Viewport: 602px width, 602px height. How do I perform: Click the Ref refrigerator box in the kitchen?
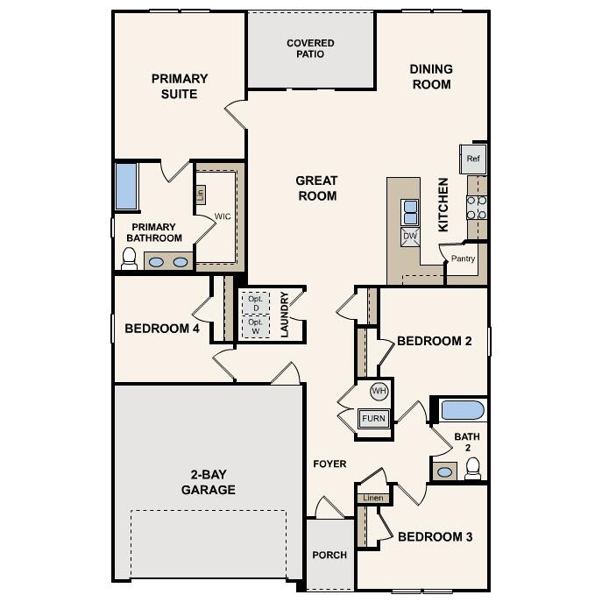point(473,159)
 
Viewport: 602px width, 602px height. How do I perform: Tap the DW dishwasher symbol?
point(409,236)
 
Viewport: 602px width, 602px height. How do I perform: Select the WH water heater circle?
point(379,391)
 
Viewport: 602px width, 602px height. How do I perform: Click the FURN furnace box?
point(374,418)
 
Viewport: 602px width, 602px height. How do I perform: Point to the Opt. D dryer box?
point(255,303)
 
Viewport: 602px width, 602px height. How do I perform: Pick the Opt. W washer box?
point(255,327)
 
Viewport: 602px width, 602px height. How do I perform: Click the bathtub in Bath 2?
point(462,410)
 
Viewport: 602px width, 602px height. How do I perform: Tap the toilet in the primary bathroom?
point(129,259)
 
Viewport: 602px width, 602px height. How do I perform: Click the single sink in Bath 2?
point(445,471)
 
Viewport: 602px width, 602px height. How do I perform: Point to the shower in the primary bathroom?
point(127,186)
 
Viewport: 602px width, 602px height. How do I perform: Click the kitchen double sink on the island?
point(409,211)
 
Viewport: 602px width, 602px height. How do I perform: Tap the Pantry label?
point(463,259)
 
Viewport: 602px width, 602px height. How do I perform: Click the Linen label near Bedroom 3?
point(372,498)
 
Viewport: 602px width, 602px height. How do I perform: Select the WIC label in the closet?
point(223,216)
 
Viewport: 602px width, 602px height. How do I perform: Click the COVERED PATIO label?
point(310,48)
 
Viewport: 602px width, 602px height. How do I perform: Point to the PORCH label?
point(329,555)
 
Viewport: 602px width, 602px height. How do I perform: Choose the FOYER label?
point(329,464)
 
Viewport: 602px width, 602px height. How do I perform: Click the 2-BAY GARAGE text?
point(208,483)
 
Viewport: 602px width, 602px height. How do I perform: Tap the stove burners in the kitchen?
point(477,207)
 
